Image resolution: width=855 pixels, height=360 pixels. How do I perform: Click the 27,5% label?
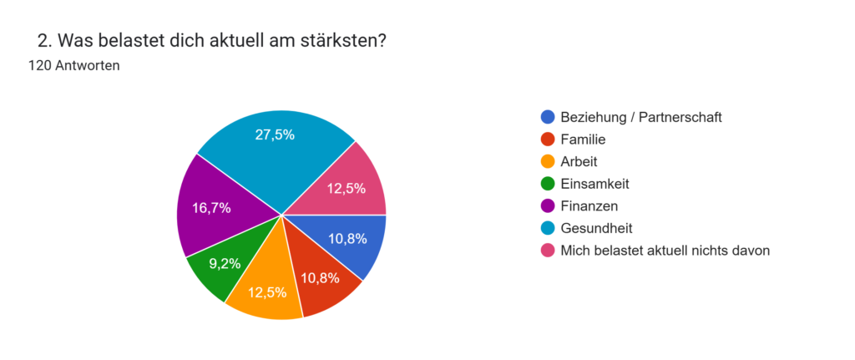[x=275, y=134]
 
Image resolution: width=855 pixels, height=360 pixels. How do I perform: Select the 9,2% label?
[x=225, y=263]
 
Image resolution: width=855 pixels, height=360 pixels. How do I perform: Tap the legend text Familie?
[x=584, y=139]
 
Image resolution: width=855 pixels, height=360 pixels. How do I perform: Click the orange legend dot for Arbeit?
[x=547, y=161]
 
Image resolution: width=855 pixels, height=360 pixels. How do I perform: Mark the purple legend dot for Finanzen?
[x=547, y=205]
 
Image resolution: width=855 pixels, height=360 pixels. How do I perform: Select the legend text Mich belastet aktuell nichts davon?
[x=665, y=250]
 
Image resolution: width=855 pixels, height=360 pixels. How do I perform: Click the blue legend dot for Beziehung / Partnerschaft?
[x=547, y=117]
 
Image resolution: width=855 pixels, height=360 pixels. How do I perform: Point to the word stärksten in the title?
[x=344, y=40]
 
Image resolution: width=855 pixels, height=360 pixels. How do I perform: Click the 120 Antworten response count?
[x=73, y=65]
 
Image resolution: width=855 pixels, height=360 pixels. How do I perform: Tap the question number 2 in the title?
[x=43, y=40]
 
